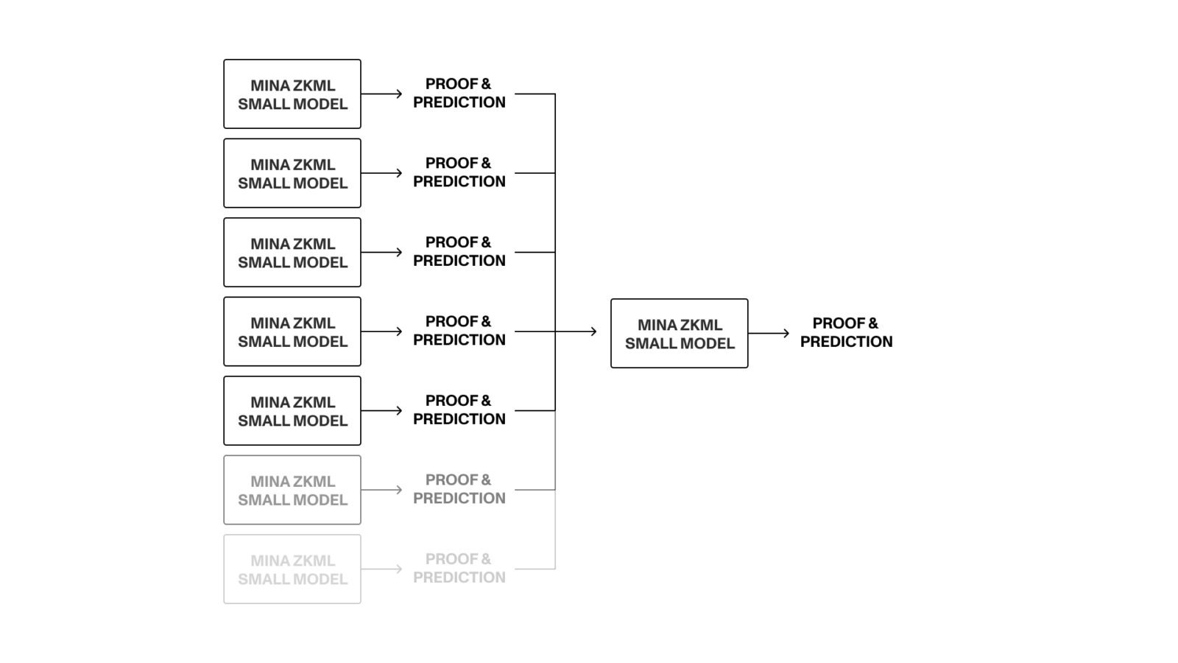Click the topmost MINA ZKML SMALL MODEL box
(x=292, y=94)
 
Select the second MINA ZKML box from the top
(x=292, y=173)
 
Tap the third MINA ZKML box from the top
(x=292, y=253)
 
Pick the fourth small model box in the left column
(x=292, y=331)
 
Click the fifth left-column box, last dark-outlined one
(x=292, y=411)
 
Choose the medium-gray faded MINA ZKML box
(x=292, y=490)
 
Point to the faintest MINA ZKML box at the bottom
(x=292, y=569)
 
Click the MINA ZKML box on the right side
(x=679, y=334)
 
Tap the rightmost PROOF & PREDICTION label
(x=846, y=332)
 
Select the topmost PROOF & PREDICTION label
(x=459, y=94)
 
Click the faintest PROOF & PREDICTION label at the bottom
(x=459, y=569)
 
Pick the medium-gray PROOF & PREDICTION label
(x=459, y=489)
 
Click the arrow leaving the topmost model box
(x=381, y=94)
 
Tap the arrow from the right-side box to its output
(x=769, y=334)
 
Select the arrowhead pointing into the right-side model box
(x=593, y=331)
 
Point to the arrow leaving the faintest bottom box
(x=381, y=569)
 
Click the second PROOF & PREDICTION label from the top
(x=459, y=172)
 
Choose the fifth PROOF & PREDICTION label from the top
(x=459, y=410)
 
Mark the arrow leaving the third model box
(x=381, y=253)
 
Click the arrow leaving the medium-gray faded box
(x=381, y=490)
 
